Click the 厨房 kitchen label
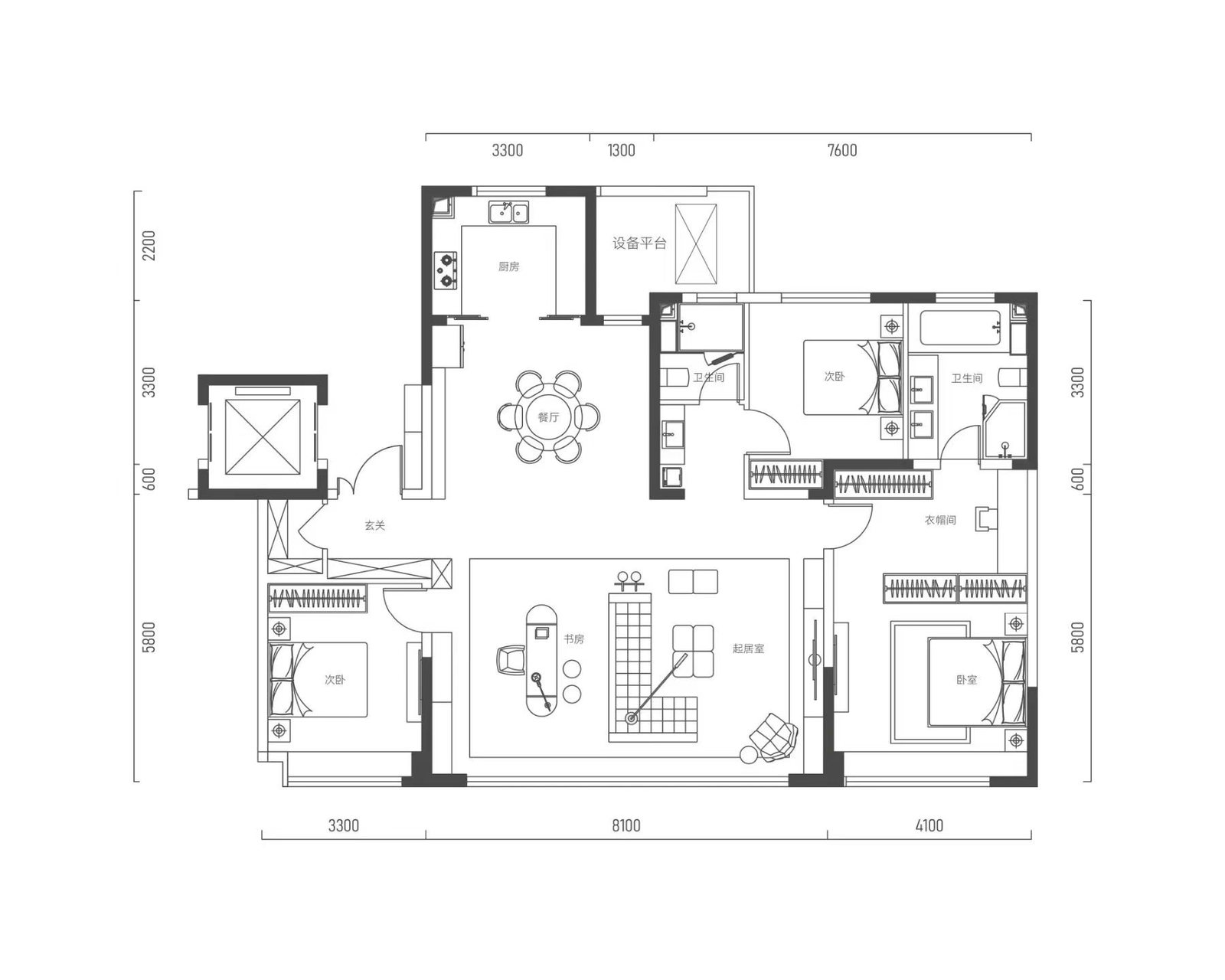pos(508,266)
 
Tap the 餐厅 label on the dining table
pos(548,416)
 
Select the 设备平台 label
pos(639,243)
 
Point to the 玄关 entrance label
pos(375,525)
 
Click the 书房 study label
pos(573,639)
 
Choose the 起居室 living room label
pos(748,648)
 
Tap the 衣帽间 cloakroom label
pos(940,520)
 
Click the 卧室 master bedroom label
pos(966,680)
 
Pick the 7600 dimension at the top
pos(842,151)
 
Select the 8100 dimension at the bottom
pos(626,825)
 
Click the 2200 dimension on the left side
pos(149,246)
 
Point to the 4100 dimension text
pos(929,825)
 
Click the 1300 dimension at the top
pos(621,151)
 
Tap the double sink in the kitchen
pos(508,212)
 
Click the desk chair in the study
pos(511,661)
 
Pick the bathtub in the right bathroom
pos(960,328)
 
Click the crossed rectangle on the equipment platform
pos(696,244)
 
